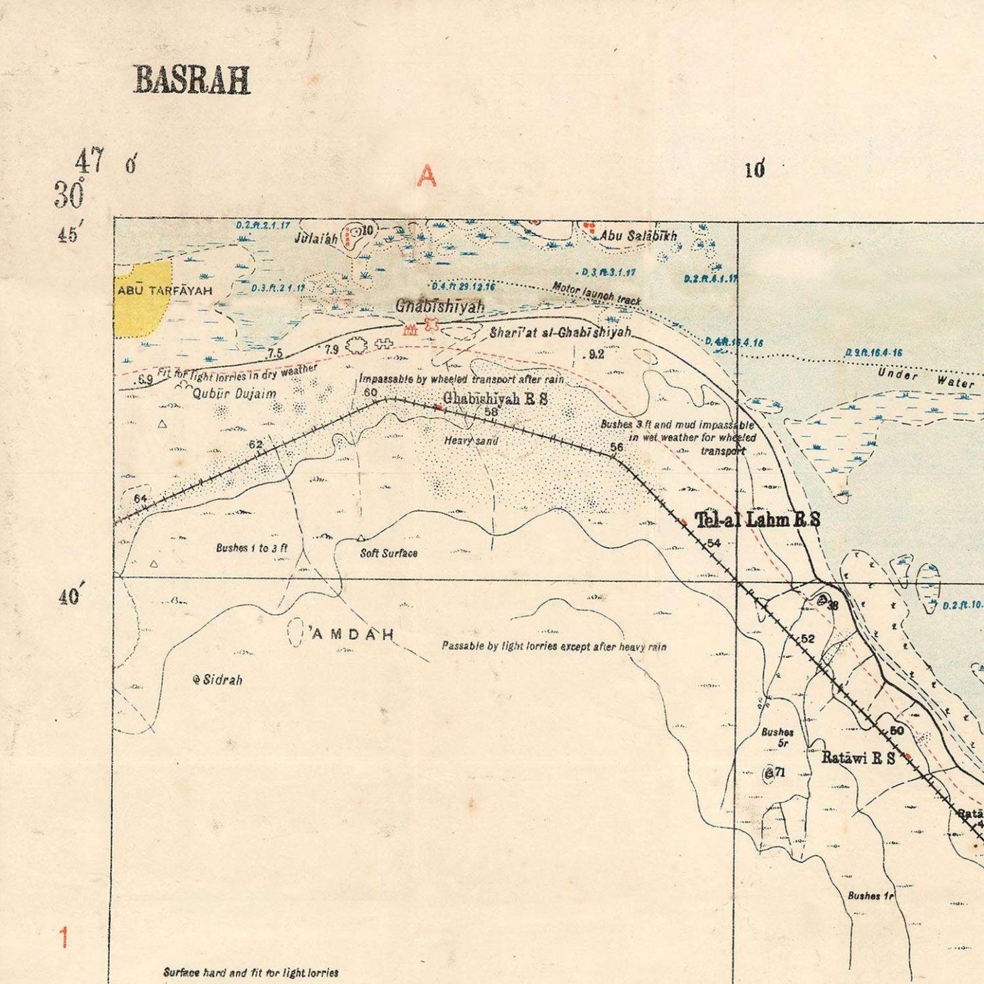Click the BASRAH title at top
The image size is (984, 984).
click(x=192, y=81)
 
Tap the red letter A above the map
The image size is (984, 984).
click(x=426, y=176)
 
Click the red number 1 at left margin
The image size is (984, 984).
click(x=63, y=938)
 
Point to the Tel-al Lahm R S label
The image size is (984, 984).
click(x=757, y=520)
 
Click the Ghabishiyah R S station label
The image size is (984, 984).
click(x=495, y=398)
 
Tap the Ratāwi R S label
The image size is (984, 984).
click(x=858, y=757)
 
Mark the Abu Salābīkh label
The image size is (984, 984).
click(x=638, y=236)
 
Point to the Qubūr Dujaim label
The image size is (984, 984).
click(x=234, y=393)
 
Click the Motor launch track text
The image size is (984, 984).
click(x=596, y=294)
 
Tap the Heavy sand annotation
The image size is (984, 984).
click(x=471, y=441)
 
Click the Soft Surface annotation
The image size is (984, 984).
click(x=389, y=553)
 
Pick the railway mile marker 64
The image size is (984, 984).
click(x=141, y=499)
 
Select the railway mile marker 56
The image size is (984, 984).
click(x=616, y=447)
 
